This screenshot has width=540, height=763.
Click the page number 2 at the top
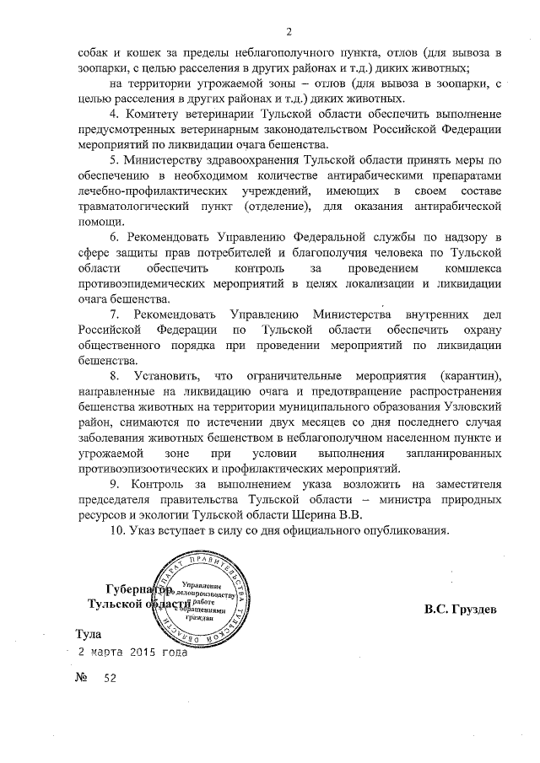click(289, 32)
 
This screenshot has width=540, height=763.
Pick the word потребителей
click(277, 252)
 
